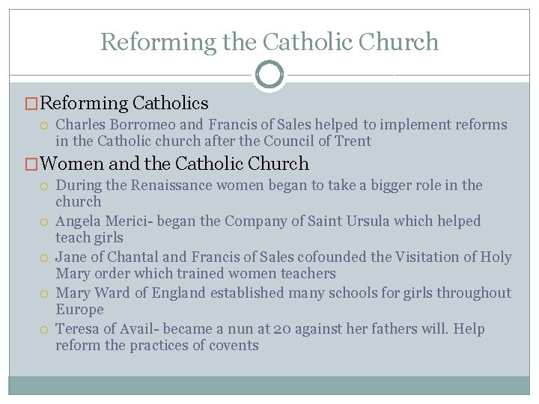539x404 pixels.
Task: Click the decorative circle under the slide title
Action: tap(269, 75)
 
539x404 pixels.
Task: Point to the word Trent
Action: tap(352, 141)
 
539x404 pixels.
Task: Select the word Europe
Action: tap(79, 309)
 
